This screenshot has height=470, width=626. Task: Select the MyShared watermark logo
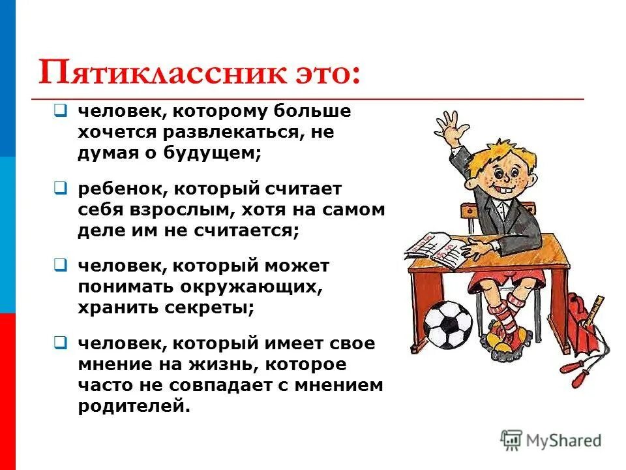550,440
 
